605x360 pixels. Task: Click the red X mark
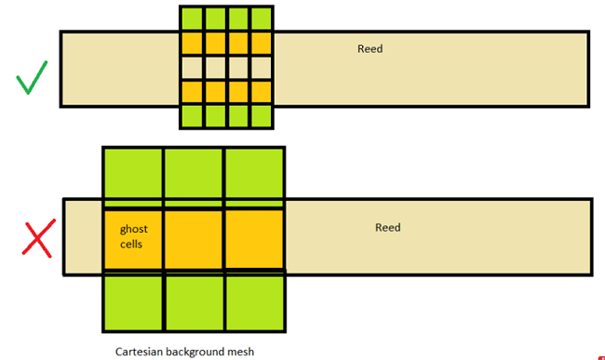[x=37, y=238]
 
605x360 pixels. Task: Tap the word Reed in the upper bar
[x=370, y=48]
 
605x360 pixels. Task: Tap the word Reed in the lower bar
[x=388, y=227]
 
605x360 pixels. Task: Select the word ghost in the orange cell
[x=134, y=228]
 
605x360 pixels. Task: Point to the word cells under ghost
[x=131, y=244]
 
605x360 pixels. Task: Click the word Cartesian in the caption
[x=142, y=352]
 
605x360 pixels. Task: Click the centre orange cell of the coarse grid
[x=194, y=239]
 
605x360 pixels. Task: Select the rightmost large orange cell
[x=254, y=239]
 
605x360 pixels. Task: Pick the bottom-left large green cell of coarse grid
[x=132, y=303]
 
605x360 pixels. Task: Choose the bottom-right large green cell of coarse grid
[x=254, y=303]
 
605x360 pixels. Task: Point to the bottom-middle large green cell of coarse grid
[x=194, y=303]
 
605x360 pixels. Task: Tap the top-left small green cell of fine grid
[x=192, y=20]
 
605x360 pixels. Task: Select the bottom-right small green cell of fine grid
[x=262, y=116]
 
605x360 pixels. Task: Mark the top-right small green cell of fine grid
[x=262, y=20]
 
